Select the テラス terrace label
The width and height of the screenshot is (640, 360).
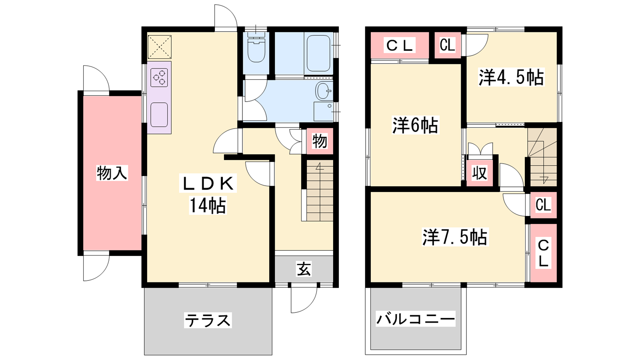coord(208,320)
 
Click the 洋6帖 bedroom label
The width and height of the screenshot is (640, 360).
coord(415,125)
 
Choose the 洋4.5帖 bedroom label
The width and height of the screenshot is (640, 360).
coord(511,77)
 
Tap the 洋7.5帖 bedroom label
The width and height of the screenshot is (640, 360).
coord(456,237)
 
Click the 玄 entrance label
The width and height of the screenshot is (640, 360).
coord(304,269)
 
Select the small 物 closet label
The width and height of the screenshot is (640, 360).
coord(320,141)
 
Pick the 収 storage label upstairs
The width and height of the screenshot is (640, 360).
coord(479,173)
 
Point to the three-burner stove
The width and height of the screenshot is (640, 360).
coord(159,78)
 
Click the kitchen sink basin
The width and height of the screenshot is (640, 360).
coord(159,114)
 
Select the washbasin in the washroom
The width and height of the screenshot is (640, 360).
coord(324,90)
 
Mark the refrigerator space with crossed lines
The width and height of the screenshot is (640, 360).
coord(160,47)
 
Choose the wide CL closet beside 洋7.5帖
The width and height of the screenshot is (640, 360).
coord(543,253)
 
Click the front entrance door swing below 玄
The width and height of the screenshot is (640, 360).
coord(304,300)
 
